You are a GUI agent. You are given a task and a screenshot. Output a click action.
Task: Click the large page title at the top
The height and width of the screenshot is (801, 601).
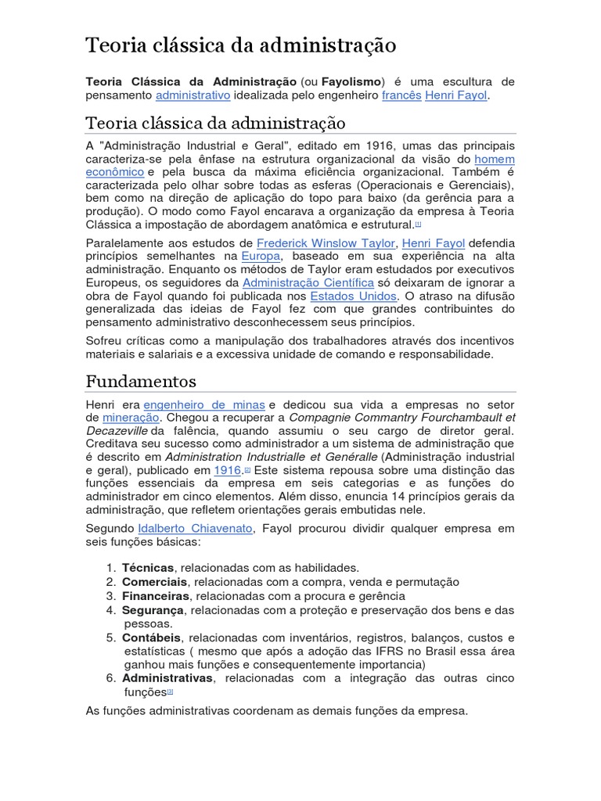pyautogui.click(x=241, y=45)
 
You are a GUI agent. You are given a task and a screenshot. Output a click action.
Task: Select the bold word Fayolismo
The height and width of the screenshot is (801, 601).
pyautogui.click(x=351, y=81)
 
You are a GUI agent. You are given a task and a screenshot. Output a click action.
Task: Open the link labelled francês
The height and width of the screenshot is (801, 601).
pyautogui.click(x=401, y=95)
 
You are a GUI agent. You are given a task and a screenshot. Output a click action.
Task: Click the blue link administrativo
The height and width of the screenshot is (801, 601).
pyautogui.click(x=193, y=95)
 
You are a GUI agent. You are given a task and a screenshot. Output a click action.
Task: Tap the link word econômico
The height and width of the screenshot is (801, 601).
pyautogui.click(x=114, y=171)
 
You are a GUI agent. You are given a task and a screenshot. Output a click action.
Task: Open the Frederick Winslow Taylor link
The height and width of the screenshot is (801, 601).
pyautogui.click(x=326, y=243)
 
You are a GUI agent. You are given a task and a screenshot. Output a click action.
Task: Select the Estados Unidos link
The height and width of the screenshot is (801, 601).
pyautogui.click(x=354, y=296)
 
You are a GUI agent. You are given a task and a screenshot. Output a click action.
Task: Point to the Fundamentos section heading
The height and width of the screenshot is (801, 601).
pyautogui.click(x=141, y=382)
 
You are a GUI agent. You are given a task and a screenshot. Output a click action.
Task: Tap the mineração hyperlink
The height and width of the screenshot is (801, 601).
pyautogui.click(x=131, y=417)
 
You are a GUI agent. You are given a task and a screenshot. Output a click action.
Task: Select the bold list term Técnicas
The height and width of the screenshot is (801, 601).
pyautogui.click(x=149, y=567)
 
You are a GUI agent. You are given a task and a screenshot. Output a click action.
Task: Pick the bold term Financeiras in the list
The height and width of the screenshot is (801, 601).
pyautogui.click(x=156, y=596)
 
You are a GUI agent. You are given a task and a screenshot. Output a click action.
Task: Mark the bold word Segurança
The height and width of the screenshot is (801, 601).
pyautogui.click(x=153, y=610)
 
